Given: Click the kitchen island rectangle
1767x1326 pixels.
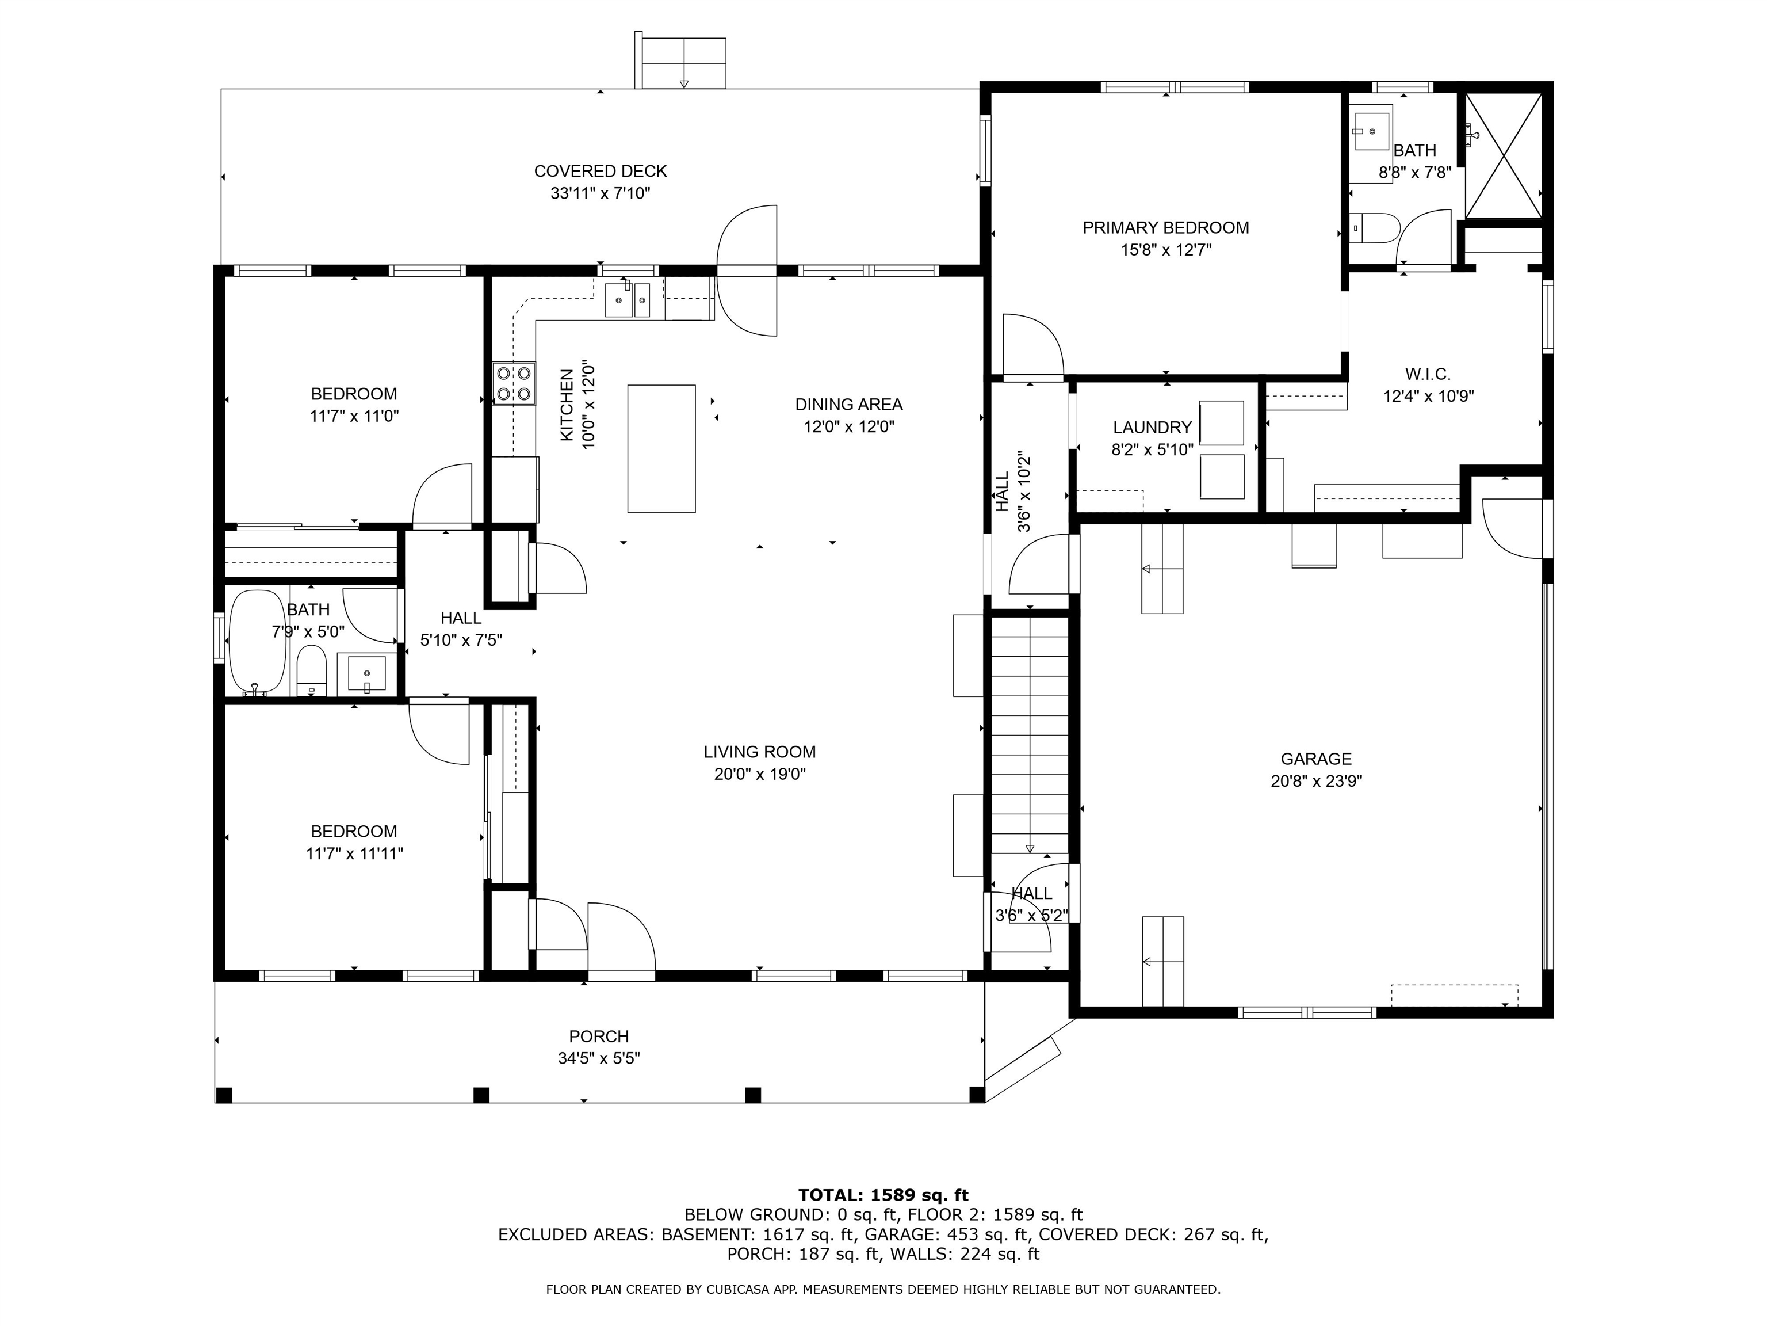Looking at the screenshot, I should pos(661,448).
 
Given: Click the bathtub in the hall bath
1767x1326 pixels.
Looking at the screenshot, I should pos(257,642).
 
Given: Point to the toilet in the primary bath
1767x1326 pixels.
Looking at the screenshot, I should pos(1379,228).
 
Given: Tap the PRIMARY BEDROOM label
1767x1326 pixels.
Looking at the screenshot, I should pos(1165,228).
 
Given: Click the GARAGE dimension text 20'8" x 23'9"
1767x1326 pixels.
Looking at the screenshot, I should pos(1315,781).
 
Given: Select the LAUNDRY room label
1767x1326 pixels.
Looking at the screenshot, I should pos(1152,428).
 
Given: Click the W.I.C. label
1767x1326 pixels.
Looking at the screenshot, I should pos(1428,374).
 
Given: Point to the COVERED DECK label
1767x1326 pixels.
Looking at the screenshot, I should pos(600,171).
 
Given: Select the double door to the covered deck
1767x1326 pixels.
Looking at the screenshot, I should pos(747,270).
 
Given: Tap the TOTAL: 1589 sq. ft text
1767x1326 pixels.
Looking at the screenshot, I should pos(883,1195).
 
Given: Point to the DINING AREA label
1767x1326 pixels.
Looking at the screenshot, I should pos(848,405).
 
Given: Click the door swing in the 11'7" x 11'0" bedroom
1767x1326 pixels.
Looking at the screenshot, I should pos(442,496).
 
